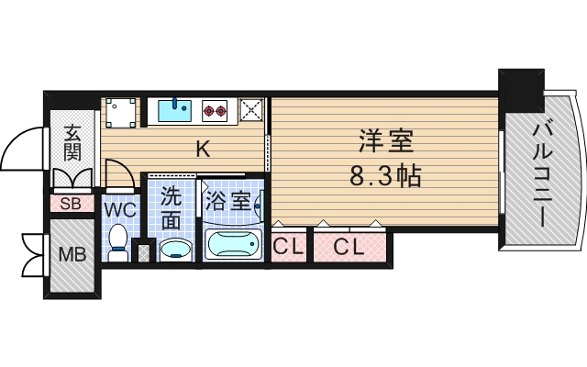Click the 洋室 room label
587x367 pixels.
click(385, 141)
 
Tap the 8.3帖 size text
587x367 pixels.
click(385, 175)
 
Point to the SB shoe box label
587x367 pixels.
click(71, 204)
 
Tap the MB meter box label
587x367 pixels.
click(72, 254)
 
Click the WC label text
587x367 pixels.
click(119, 210)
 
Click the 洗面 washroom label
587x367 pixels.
click(172, 207)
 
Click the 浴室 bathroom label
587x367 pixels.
click(228, 200)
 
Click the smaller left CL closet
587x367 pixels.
click(289, 246)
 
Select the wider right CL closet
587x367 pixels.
click(349, 246)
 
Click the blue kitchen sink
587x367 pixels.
click(173, 111)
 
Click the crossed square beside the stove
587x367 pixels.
click(250, 111)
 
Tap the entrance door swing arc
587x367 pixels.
click(20, 147)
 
